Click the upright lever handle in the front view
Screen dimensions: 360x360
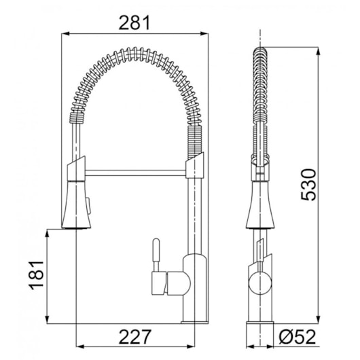(155, 253)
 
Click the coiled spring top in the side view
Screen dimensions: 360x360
(258, 54)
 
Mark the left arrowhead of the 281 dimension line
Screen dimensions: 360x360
(67, 33)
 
